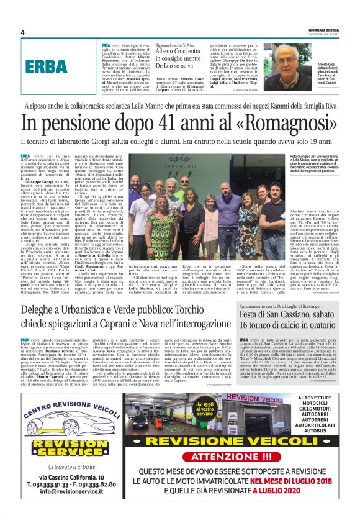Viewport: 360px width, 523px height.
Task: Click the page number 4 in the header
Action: tap(22, 32)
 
